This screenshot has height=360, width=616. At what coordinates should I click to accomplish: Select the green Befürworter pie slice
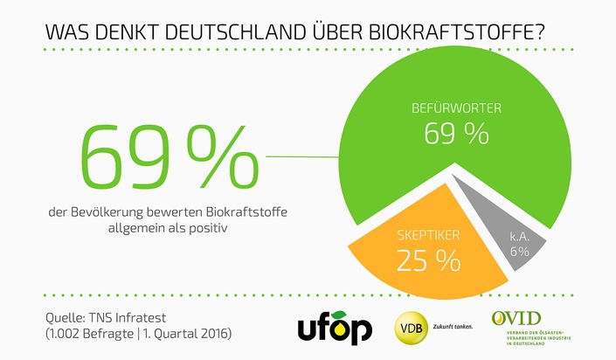[x=411, y=96]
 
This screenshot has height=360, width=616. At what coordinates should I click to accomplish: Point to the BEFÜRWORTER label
[x=455, y=109]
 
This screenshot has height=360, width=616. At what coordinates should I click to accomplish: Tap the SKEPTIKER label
[x=427, y=237]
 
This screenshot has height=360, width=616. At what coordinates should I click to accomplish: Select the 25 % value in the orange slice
[x=428, y=260]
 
